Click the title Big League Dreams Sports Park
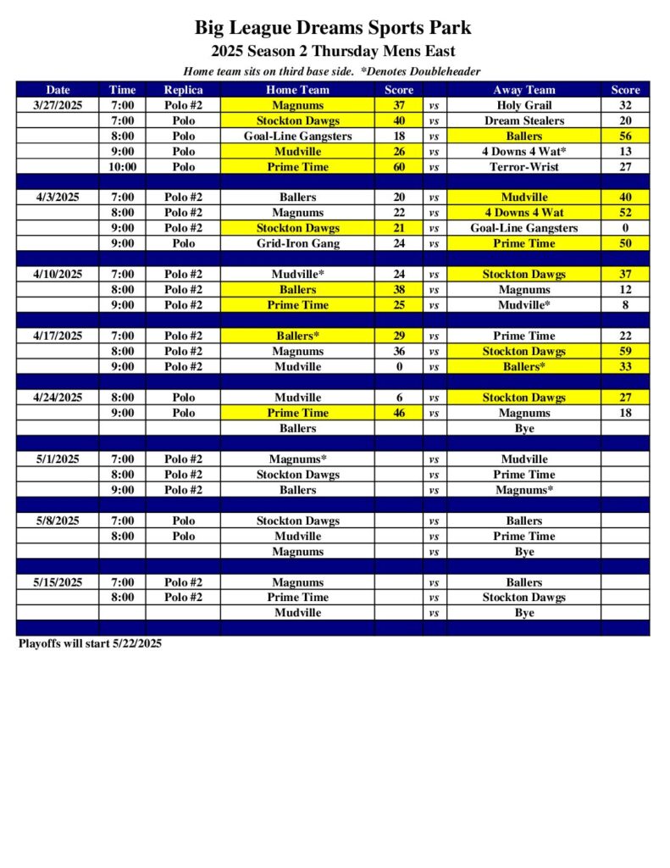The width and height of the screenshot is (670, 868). (333, 28)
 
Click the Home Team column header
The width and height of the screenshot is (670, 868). (297, 90)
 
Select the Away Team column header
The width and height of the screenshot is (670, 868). (524, 90)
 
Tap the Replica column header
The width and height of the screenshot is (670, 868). (183, 90)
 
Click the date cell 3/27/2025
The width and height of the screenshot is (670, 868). (58, 105)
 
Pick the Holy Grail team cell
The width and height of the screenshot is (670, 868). (524, 105)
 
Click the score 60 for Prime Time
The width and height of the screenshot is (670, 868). (399, 167)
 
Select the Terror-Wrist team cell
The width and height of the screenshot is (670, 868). (524, 167)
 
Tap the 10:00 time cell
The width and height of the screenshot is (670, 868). (122, 167)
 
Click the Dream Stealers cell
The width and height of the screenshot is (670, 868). (524, 120)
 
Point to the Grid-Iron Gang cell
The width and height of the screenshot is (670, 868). (297, 243)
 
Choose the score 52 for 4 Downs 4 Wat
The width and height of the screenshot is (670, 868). (625, 213)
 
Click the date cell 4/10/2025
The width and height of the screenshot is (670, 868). (58, 275)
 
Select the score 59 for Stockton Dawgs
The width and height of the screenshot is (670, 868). (625, 351)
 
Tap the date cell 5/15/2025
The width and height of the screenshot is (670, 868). (58, 582)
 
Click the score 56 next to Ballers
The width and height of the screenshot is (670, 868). (625, 136)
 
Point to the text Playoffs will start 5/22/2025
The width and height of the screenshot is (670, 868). (90, 643)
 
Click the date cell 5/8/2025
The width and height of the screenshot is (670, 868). (58, 520)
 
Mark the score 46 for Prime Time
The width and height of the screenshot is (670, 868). (399, 413)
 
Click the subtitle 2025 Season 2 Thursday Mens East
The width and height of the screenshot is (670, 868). (333, 51)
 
